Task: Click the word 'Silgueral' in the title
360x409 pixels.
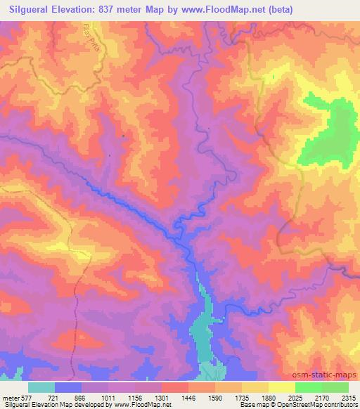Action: [x=33, y=10]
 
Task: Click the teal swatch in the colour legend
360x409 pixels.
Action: [x=41, y=387]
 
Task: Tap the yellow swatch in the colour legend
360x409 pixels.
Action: [x=281, y=387]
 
